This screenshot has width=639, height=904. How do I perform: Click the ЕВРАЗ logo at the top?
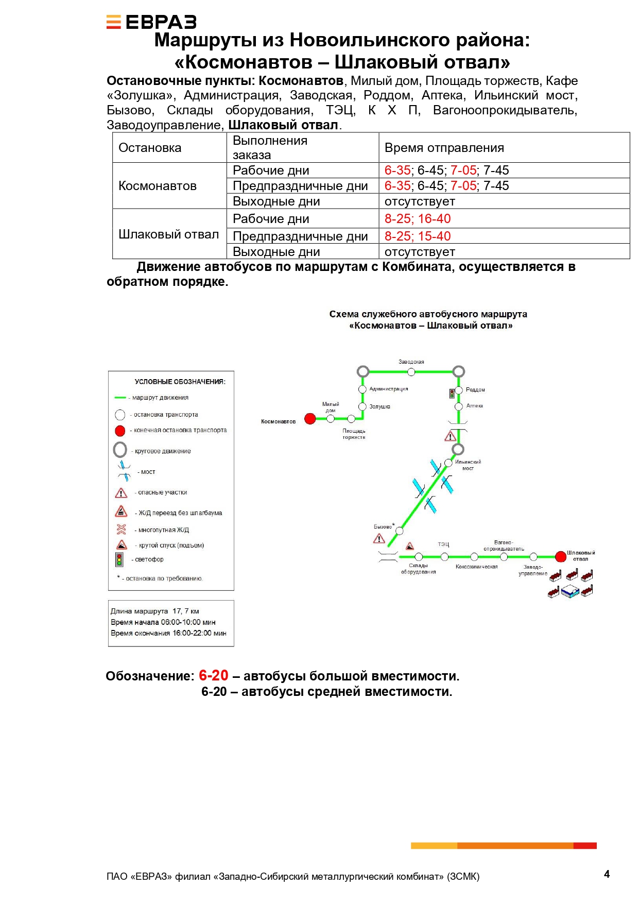click(151, 22)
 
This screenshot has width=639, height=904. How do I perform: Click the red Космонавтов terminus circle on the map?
click(310, 419)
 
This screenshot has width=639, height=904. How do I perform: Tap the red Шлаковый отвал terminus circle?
click(561, 556)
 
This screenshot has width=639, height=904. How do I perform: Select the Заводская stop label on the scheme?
click(411, 362)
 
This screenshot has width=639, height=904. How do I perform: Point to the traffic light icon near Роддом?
click(452, 394)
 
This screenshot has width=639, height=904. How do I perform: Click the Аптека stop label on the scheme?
click(474, 406)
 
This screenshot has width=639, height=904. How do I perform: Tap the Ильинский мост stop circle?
click(448, 463)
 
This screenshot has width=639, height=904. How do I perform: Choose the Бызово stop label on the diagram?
click(383, 527)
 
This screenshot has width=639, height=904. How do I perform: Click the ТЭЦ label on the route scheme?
click(443, 544)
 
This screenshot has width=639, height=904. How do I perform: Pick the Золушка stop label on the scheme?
click(379, 407)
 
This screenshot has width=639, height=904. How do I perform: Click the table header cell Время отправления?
click(444, 148)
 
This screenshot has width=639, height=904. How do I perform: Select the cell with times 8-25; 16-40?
click(418, 219)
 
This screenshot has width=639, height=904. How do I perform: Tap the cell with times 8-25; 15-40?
click(418, 236)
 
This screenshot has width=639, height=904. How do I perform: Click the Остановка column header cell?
click(150, 148)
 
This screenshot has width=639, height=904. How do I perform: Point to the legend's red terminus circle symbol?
click(120, 431)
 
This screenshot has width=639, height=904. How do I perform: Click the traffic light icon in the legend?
click(119, 559)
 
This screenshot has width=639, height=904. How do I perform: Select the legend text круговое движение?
click(163, 451)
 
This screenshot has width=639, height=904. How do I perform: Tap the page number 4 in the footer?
click(607, 874)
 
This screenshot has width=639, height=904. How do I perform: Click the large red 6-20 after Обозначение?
click(213, 675)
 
